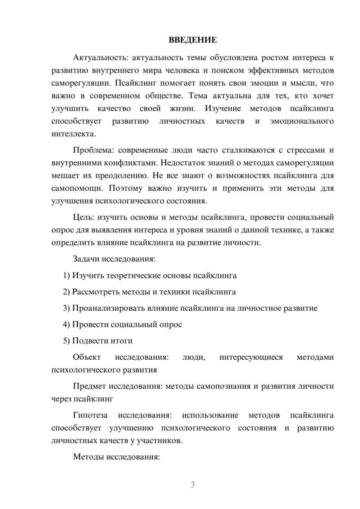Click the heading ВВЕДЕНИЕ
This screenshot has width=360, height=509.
point(193,40)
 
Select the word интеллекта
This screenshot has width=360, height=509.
point(73,134)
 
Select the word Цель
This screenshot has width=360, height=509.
point(83,217)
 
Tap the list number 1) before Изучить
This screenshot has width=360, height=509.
point(66,276)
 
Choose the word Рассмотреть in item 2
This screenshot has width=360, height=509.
point(96,292)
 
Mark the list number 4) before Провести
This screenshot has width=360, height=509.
point(66,325)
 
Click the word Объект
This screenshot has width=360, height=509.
point(87,357)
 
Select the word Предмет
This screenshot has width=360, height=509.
point(89,386)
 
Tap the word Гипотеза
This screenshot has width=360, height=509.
point(90,415)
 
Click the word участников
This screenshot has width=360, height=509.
point(162,441)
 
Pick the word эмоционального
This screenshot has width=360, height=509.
point(302,121)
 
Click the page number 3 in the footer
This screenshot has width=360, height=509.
point(193,485)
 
